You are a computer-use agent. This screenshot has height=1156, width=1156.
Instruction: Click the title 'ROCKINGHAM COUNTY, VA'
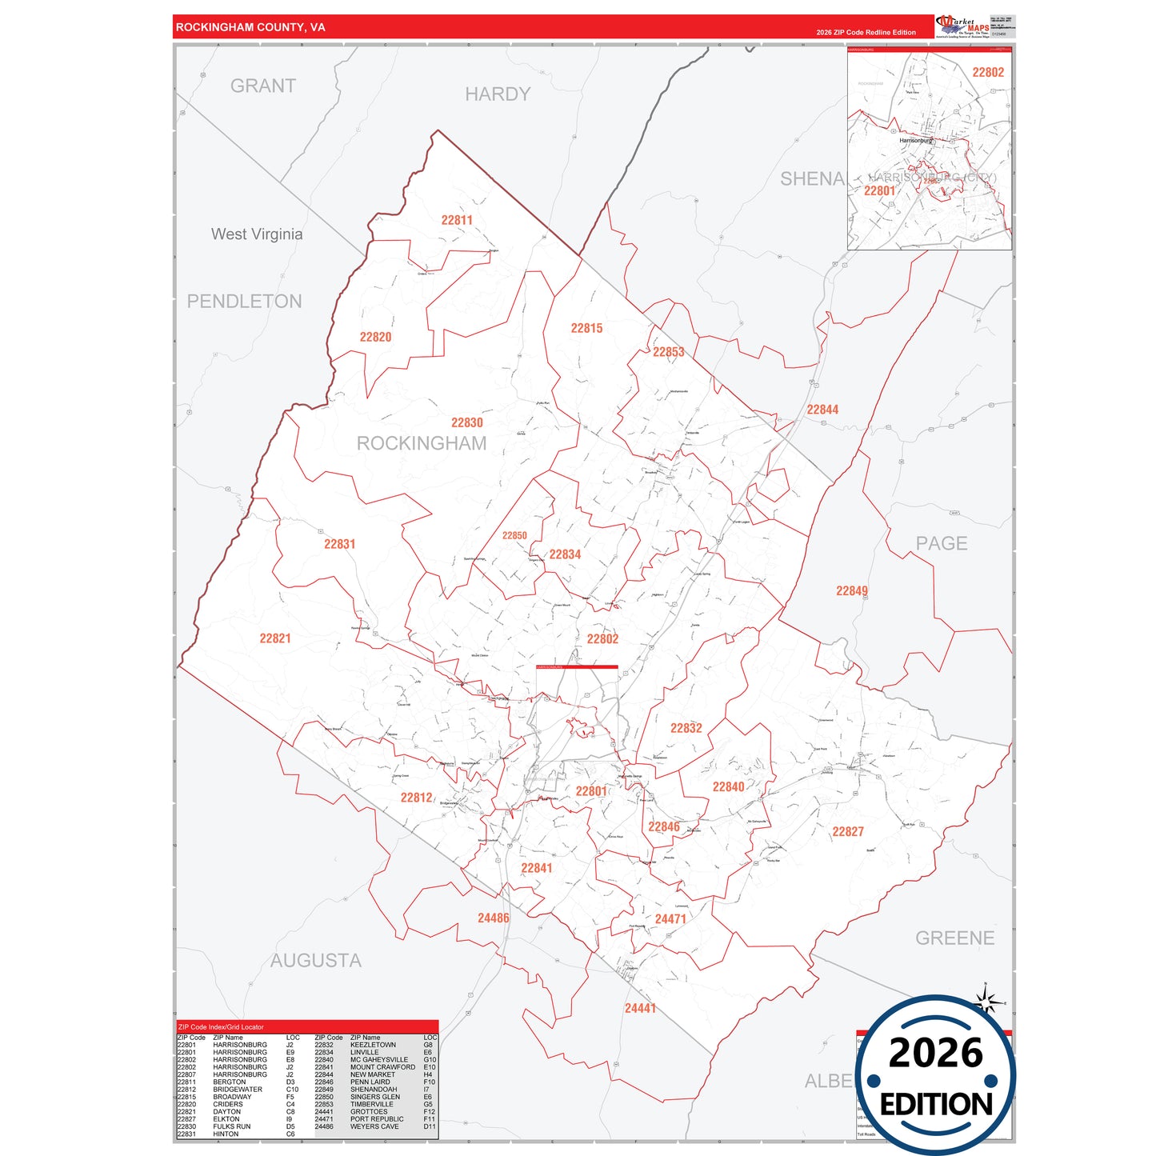[x=250, y=27]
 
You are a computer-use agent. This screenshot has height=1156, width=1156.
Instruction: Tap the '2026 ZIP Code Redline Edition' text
[x=866, y=32]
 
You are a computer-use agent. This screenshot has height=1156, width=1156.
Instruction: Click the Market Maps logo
[x=962, y=26]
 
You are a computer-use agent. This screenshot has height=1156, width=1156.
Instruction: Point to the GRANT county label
[x=263, y=86]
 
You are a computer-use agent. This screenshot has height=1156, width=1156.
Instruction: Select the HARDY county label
[x=498, y=94]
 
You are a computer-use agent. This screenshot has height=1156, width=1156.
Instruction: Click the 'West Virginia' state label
[x=257, y=234]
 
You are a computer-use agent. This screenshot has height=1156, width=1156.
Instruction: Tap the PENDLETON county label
[x=244, y=301]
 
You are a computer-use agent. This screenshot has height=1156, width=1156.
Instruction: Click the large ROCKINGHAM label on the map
[x=421, y=443]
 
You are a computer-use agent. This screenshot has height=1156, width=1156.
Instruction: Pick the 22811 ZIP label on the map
[x=457, y=220]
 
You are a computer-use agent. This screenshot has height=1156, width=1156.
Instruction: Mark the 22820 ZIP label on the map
[x=375, y=337]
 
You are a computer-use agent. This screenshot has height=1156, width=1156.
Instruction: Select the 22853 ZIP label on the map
[x=668, y=352]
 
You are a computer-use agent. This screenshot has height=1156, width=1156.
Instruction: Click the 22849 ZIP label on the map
[x=851, y=590]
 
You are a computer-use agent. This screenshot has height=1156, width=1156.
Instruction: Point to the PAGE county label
[x=942, y=543]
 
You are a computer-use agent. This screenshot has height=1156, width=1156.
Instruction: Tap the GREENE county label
[x=954, y=938]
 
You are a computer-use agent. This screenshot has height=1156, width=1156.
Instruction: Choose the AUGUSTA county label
[x=315, y=960]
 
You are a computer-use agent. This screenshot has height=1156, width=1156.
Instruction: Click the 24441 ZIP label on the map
[x=640, y=1008]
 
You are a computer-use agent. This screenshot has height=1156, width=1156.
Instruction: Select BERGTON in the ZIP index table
[x=230, y=1082]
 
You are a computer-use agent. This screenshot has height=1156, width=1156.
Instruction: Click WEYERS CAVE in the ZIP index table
[x=374, y=1126]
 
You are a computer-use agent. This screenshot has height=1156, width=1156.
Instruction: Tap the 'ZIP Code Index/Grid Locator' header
[x=221, y=1026]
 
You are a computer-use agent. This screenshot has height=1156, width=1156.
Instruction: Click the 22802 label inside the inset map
[x=988, y=72]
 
